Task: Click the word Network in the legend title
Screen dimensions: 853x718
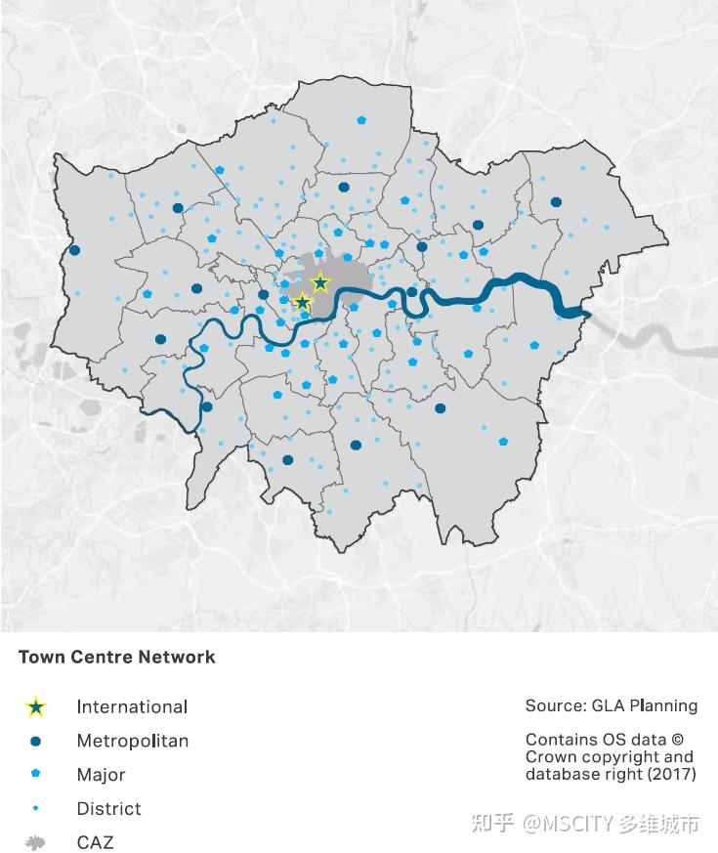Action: (176, 657)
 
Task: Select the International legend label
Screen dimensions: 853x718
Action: (132, 706)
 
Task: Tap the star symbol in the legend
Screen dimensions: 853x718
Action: (36, 706)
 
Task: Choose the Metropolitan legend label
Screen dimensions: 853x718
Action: (133, 741)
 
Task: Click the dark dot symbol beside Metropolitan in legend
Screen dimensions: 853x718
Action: (36, 741)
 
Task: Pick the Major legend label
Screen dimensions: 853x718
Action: (102, 775)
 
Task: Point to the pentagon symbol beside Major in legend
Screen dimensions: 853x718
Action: (36, 774)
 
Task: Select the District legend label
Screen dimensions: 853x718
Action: (108, 809)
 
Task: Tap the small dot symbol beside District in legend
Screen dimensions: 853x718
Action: (36, 808)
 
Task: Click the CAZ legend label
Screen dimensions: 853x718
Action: (95, 842)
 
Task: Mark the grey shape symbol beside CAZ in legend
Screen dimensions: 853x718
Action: (36, 842)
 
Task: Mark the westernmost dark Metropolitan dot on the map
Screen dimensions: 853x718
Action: (74, 250)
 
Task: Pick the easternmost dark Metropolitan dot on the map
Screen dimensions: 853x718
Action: (556, 202)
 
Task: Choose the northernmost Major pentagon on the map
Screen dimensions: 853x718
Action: (361, 121)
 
